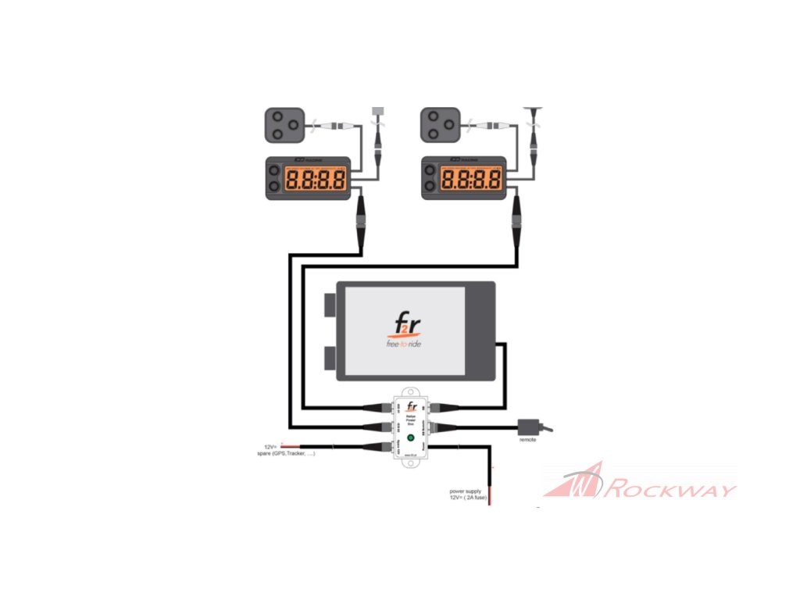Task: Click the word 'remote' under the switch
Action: (x=529, y=440)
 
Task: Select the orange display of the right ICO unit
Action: (x=472, y=180)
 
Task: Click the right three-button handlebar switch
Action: (x=439, y=125)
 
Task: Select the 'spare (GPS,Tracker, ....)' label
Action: (x=280, y=453)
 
